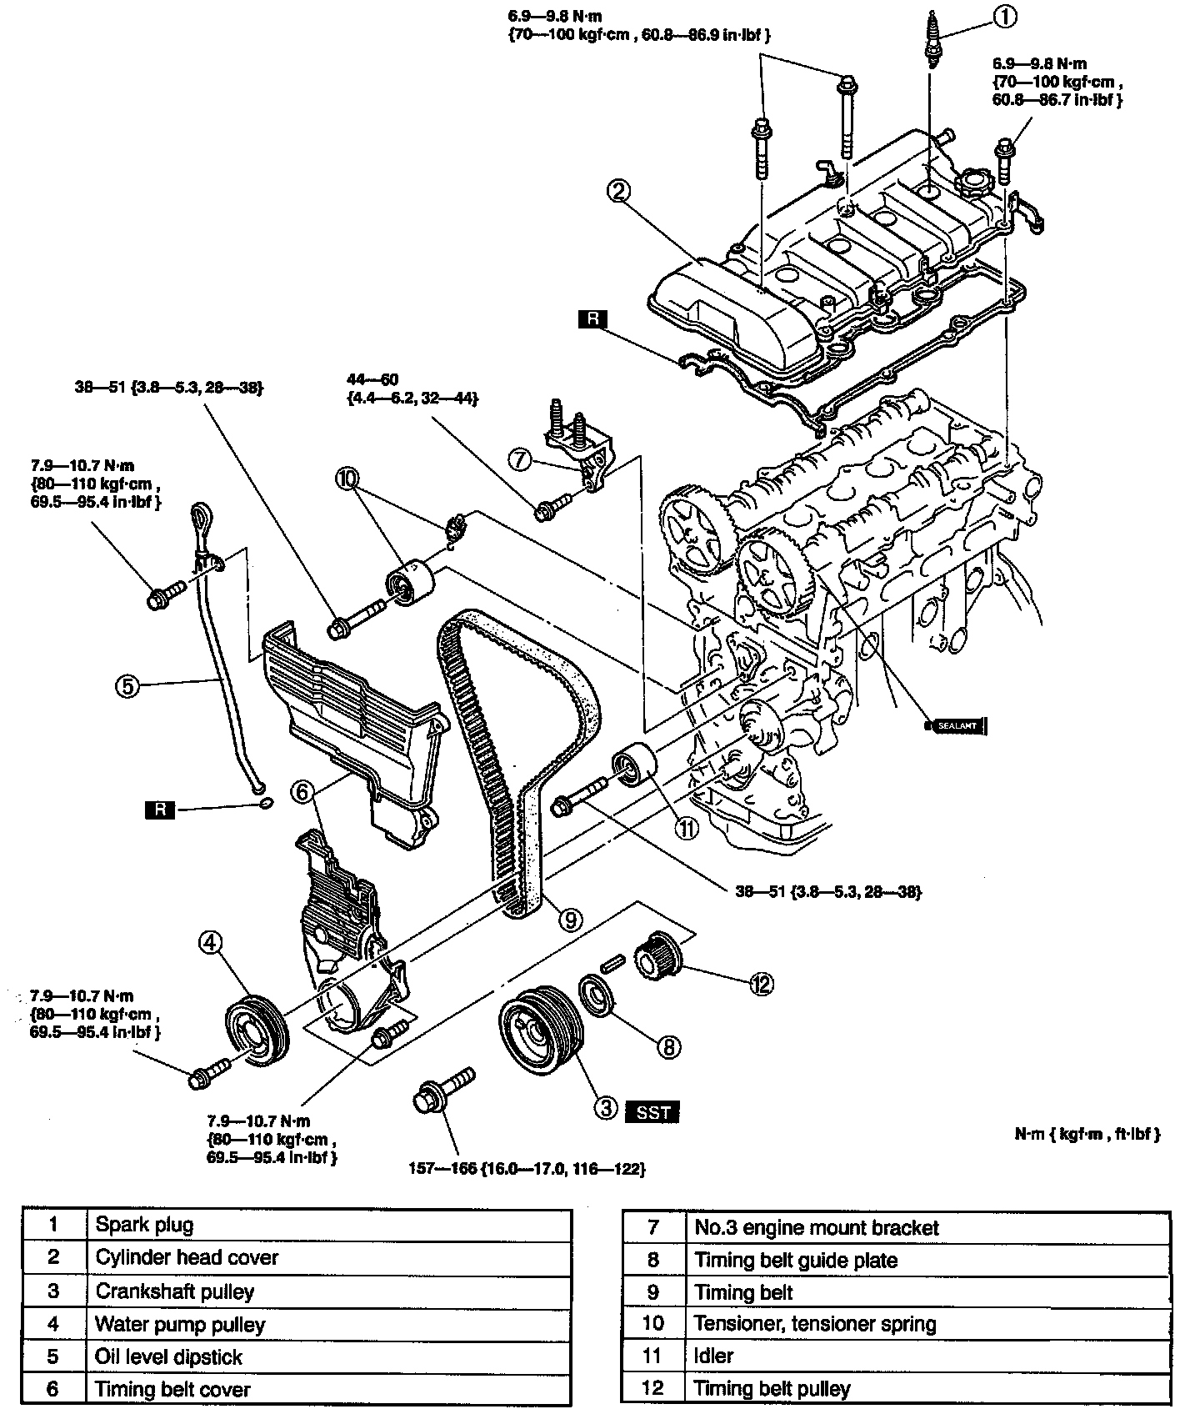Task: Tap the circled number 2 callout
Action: click(617, 192)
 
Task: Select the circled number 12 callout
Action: click(761, 985)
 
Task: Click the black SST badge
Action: click(652, 1111)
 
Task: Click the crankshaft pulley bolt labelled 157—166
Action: click(442, 1091)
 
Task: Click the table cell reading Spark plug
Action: click(328, 1225)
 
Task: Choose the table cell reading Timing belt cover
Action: click(328, 1389)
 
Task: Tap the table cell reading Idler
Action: click(927, 1356)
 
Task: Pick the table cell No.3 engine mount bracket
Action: click(927, 1228)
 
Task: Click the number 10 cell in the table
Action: click(652, 1323)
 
